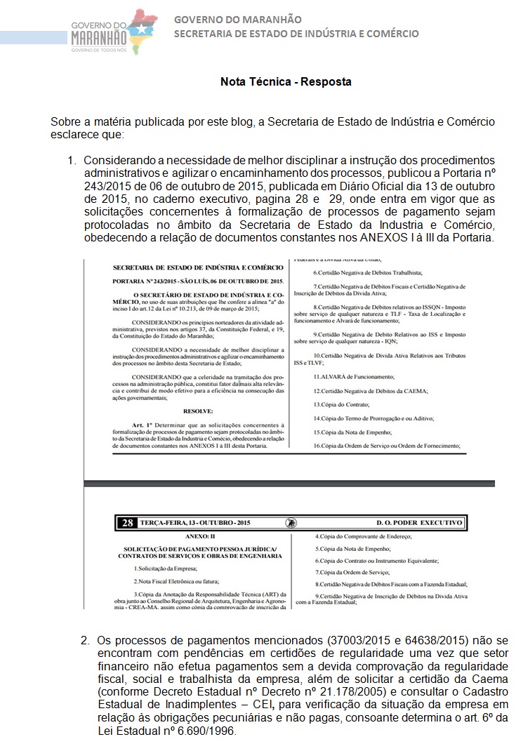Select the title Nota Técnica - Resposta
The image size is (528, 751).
(286, 82)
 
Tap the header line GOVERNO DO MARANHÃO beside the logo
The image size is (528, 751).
(237, 20)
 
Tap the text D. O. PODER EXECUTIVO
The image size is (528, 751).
(419, 522)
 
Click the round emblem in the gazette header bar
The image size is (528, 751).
(290, 522)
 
